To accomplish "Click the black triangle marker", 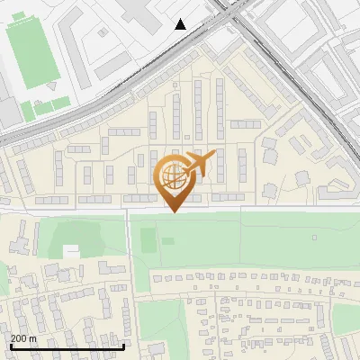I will pyautogui.click(x=181, y=24).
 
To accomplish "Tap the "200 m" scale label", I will pyautogui.click(x=23, y=337).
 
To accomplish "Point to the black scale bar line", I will pyautogui.click(x=67, y=346).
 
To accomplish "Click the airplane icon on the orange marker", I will pyautogui.click(x=202, y=164).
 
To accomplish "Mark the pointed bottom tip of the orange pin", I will pyautogui.click(x=175, y=212).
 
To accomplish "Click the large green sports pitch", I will pyautogui.click(x=32, y=54).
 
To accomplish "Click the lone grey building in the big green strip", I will pyautogui.click(x=314, y=238).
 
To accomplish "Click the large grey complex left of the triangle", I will pyautogui.click(x=135, y=13).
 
